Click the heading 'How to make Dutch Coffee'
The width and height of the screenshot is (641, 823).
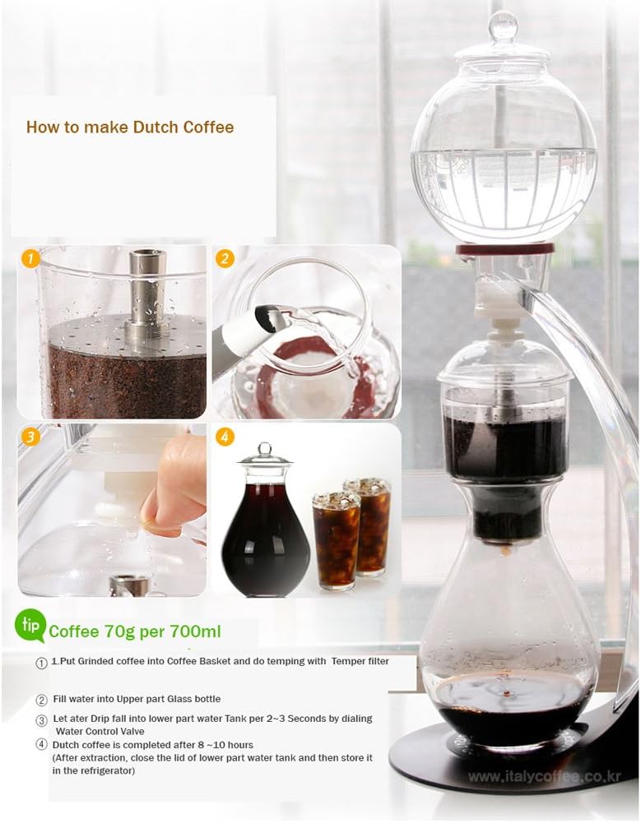[130, 127]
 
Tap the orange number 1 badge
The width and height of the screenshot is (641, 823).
[30, 259]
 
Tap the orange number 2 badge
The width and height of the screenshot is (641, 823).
[225, 259]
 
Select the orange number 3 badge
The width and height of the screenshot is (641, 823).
[30, 437]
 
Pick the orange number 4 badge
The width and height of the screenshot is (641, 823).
[225, 437]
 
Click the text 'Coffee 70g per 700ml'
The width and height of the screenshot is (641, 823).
[134, 632]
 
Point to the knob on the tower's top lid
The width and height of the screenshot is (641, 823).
[502, 27]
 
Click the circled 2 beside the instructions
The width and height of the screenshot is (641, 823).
[41, 700]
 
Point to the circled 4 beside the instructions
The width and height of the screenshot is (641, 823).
[41, 745]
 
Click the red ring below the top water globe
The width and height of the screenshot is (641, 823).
[504, 248]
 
